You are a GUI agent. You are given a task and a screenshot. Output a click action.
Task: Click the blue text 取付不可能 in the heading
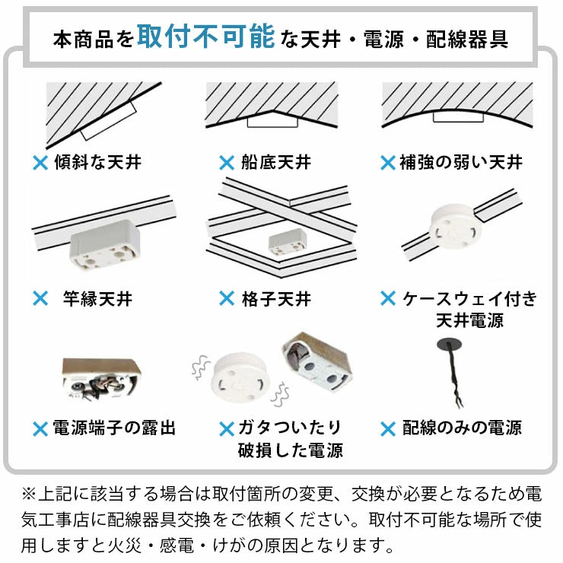tap(205, 37)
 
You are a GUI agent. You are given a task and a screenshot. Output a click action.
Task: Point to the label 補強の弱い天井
tap(461, 162)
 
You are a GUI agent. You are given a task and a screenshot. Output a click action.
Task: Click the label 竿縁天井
tap(97, 298)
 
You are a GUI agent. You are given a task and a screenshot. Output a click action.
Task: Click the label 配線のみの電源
tap(462, 428)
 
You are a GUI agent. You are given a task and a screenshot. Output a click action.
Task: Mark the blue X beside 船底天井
tap(226, 162)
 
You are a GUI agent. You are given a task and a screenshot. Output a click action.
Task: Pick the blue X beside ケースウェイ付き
tap(389, 298)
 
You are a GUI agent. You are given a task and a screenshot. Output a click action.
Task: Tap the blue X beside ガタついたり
tap(226, 428)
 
